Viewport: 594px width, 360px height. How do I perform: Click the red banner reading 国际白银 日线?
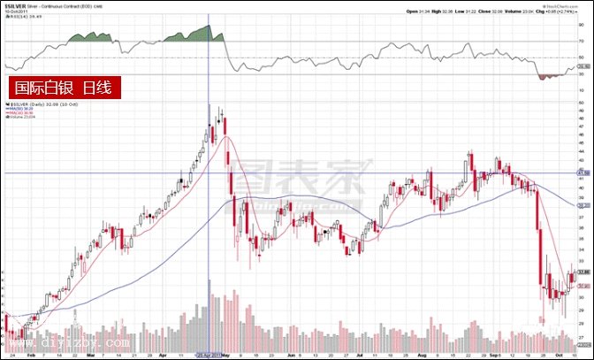click(63, 88)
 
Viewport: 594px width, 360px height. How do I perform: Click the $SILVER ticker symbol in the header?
click(14, 5)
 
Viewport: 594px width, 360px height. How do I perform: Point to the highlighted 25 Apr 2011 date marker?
click(209, 351)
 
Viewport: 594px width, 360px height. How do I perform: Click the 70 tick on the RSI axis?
click(583, 42)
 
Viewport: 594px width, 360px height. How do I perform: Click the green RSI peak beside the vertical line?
click(200, 33)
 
